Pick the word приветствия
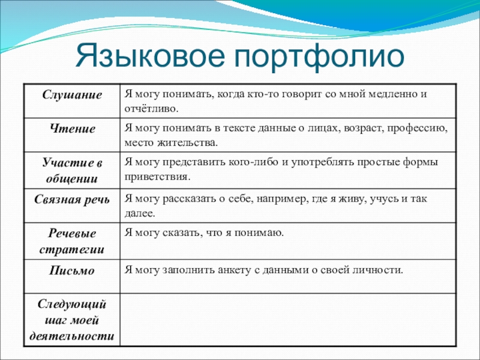157,177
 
